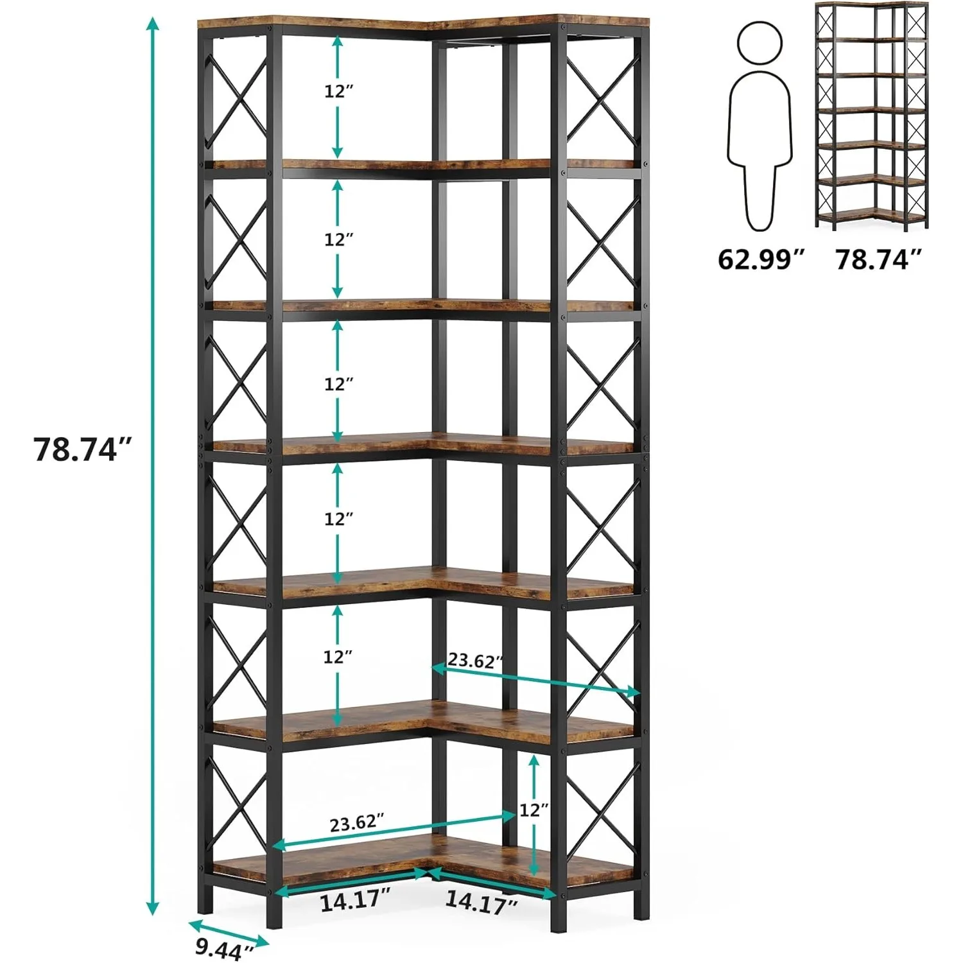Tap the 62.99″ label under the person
(761, 259)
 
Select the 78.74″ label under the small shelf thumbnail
(879, 259)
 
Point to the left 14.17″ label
(355, 901)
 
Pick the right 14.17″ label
(481, 902)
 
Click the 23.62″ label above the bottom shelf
(357, 823)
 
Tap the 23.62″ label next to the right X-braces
(475, 660)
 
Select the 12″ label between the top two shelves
(338, 91)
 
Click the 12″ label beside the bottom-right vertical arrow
(534, 810)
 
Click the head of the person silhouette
(760, 42)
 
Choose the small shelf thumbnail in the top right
(871, 116)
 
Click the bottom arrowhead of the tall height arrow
(152, 908)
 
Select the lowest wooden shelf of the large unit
(424, 863)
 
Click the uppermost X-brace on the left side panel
(236, 103)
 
